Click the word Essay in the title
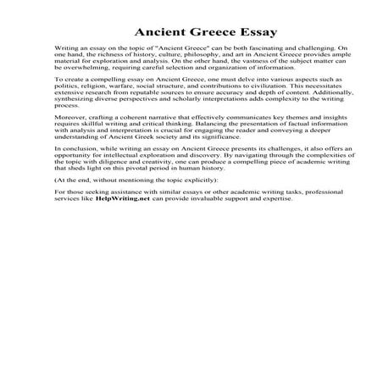(242, 29)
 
